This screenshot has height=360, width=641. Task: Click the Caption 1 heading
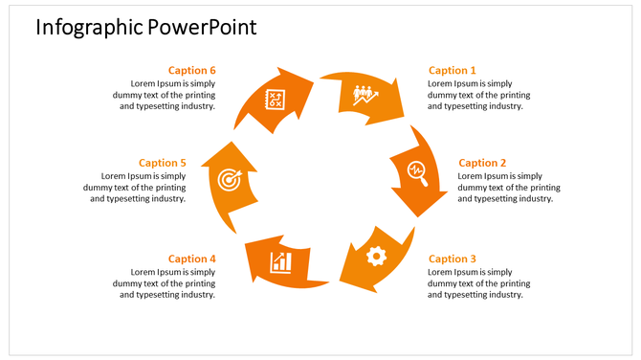[x=452, y=70]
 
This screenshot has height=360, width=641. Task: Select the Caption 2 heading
[x=482, y=163]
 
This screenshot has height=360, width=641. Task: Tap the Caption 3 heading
[x=452, y=259]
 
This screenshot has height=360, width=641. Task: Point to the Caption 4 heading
[x=192, y=259]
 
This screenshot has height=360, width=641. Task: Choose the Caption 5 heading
[x=163, y=163]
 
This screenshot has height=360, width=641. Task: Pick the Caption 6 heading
[x=192, y=70]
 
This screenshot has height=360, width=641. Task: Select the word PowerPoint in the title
[x=203, y=27]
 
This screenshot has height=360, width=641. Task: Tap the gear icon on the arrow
[x=376, y=255]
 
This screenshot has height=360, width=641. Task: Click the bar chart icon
[x=281, y=260]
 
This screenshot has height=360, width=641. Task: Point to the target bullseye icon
[x=229, y=178]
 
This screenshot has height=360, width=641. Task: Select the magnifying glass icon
[x=417, y=170]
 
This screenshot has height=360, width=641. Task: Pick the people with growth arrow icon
[x=365, y=95]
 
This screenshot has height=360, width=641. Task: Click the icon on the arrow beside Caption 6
[x=275, y=98]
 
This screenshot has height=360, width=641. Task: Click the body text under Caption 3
[x=478, y=283]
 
